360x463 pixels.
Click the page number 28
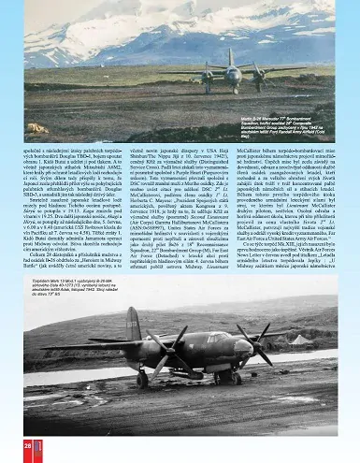[28, 448]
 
